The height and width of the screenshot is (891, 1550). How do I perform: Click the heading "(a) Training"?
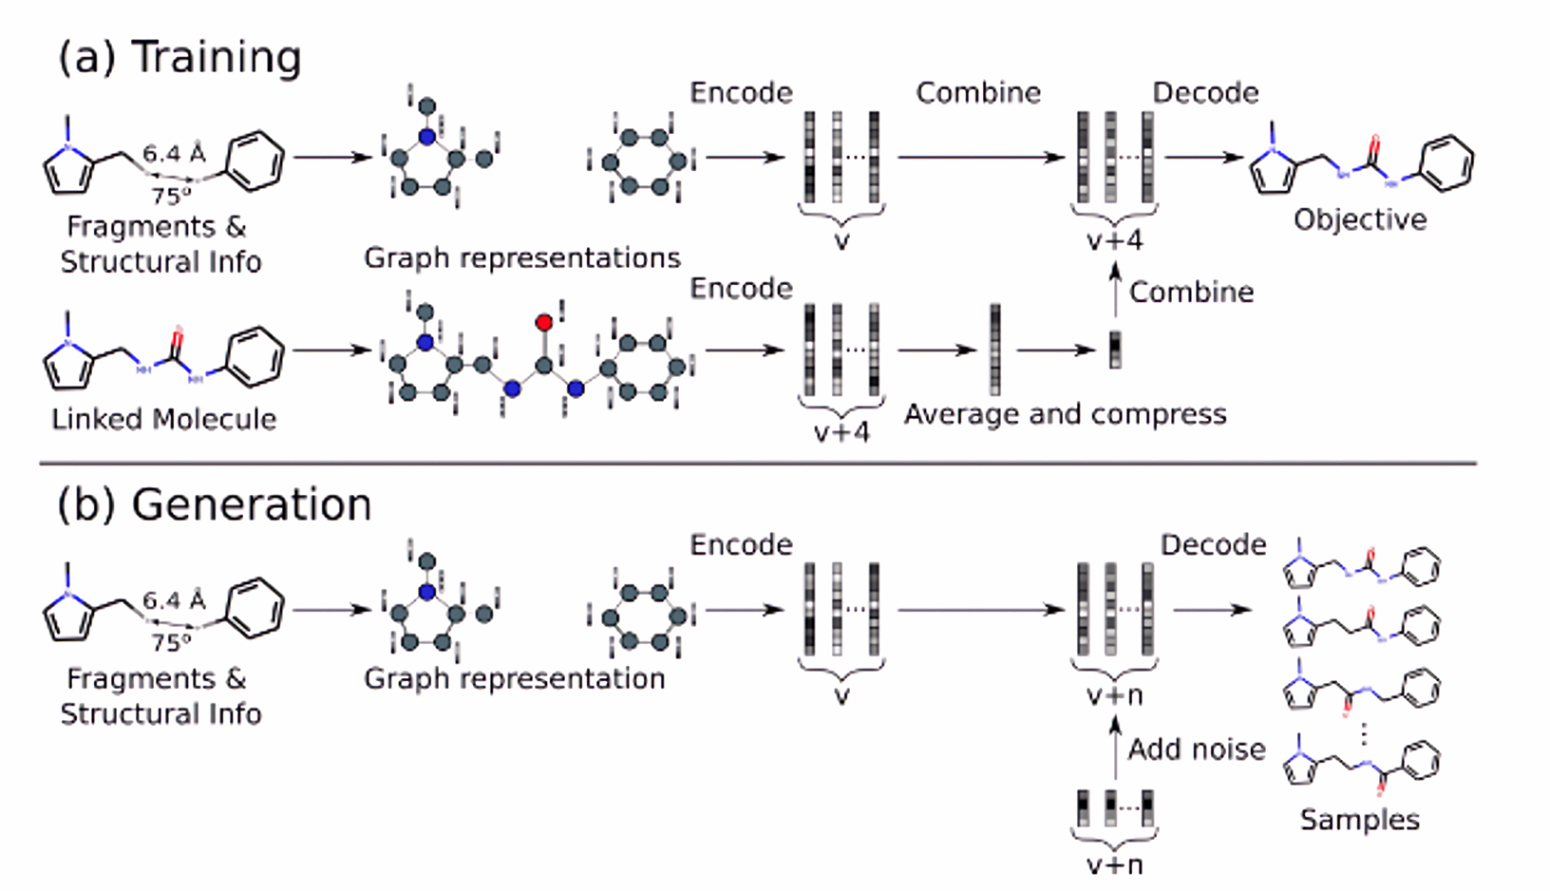tap(180, 57)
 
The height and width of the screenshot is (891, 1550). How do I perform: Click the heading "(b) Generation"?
tap(215, 504)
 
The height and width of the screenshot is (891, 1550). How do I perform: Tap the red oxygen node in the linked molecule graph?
tap(544, 322)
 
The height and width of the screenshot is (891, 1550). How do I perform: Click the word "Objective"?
tap(1360, 220)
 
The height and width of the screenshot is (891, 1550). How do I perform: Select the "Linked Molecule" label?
tap(164, 419)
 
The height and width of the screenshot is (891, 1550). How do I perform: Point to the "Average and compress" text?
tap(1065, 414)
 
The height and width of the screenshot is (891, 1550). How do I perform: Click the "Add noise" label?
tap(1197, 749)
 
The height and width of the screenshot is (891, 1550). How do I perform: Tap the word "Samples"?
tap(1360, 820)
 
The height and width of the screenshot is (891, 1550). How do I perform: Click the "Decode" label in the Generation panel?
tap(1213, 545)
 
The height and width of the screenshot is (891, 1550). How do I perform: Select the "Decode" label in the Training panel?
tap(1205, 93)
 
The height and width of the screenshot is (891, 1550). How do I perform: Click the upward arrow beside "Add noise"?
tap(1115, 749)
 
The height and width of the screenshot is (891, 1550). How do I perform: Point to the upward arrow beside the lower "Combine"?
tap(1115, 290)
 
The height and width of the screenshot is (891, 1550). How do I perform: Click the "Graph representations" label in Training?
tap(522, 258)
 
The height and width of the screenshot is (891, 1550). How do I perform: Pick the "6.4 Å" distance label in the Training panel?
tap(175, 153)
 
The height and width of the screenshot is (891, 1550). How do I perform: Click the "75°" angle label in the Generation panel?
tap(171, 642)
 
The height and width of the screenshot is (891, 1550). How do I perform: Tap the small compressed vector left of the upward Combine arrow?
tap(1115, 351)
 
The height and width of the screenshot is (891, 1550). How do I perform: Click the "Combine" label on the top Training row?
tap(978, 93)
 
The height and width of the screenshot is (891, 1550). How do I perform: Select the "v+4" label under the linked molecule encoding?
tap(841, 433)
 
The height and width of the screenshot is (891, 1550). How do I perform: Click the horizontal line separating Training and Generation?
tap(759, 463)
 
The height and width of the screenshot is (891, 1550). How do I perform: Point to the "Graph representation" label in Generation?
tap(515, 679)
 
